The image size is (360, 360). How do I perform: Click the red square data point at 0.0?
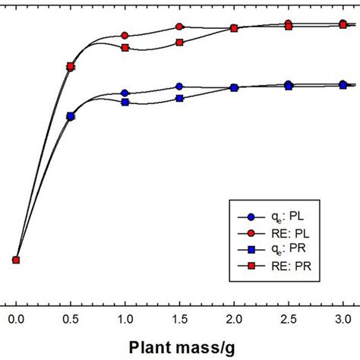click(16, 260)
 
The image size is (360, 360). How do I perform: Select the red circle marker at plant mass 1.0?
click(125, 36)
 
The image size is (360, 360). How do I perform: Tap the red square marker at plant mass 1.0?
click(125, 48)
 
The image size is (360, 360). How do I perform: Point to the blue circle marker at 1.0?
click(125, 93)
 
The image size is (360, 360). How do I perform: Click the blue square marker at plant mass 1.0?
click(125, 102)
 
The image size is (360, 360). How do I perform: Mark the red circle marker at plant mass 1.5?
click(179, 27)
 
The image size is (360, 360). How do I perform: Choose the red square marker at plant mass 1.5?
click(179, 43)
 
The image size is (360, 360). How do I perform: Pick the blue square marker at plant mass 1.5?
click(179, 98)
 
